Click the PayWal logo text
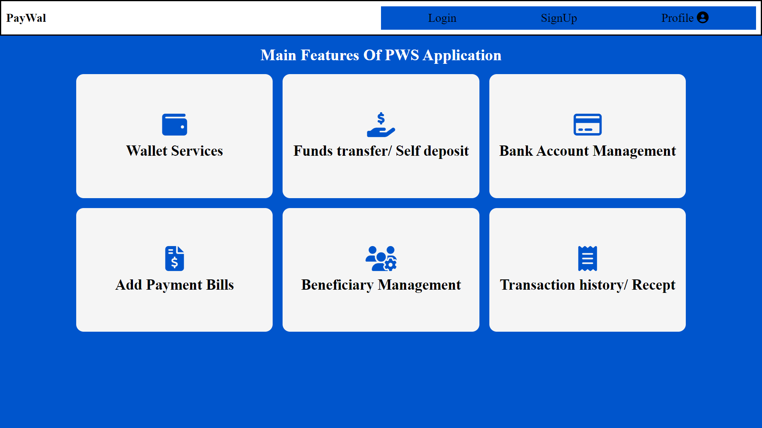click(26, 18)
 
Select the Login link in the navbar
click(442, 18)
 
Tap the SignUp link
click(559, 18)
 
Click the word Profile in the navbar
click(677, 18)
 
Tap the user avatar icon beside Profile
click(703, 17)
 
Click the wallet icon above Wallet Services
click(175, 124)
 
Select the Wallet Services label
click(175, 151)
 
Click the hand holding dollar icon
click(381, 124)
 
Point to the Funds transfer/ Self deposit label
click(381, 151)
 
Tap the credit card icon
click(587, 124)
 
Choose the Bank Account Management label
click(587, 151)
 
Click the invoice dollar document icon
click(175, 258)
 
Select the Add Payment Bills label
click(175, 285)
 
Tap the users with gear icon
click(381, 258)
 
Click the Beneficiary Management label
click(381, 285)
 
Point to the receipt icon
click(587, 258)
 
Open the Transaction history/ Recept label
click(587, 285)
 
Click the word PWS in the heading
click(402, 55)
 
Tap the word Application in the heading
click(462, 55)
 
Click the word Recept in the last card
click(654, 285)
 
